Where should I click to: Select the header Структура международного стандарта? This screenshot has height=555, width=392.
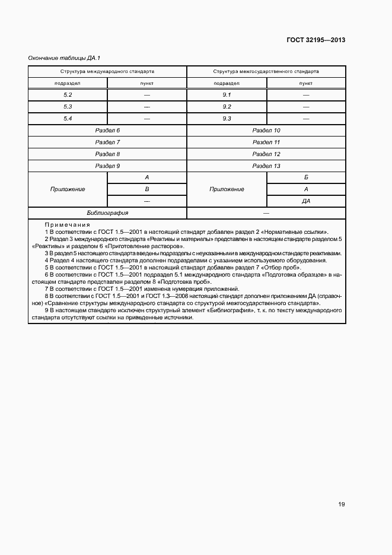[x=107, y=72]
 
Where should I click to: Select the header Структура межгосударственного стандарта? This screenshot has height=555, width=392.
[x=266, y=72]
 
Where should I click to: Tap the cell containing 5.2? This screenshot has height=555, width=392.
[x=68, y=95]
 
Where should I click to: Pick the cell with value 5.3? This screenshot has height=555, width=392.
[x=68, y=107]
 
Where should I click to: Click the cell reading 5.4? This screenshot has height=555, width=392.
[x=68, y=119]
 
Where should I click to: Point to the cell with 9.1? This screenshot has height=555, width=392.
[x=227, y=95]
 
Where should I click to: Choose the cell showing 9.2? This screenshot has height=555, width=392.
[x=227, y=107]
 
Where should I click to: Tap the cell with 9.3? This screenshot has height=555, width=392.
[x=227, y=119]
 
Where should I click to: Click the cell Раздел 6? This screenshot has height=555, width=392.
[x=107, y=131]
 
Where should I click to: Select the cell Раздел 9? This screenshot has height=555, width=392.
[x=107, y=166]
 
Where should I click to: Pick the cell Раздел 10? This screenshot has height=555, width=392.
[x=266, y=131]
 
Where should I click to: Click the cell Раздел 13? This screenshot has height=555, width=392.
[x=266, y=166]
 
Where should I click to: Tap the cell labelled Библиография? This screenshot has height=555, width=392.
[x=107, y=213]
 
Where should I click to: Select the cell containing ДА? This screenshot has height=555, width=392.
[x=306, y=201]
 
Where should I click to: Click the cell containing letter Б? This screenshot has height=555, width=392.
[x=306, y=178]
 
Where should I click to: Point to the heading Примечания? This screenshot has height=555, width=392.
[x=67, y=226]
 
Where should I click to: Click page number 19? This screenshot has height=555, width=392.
[x=342, y=505]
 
